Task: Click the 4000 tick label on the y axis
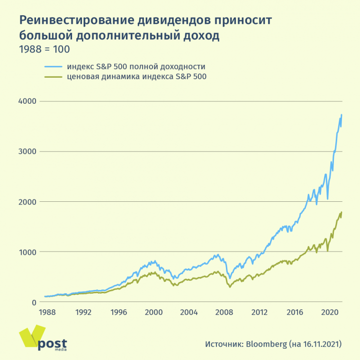[x=28, y=101]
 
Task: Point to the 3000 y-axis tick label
[x=28, y=152]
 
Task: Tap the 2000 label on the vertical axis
[x=28, y=202]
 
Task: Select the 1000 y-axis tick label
[x=28, y=252]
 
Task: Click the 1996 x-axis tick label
[x=118, y=313]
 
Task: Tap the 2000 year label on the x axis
[x=153, y=313]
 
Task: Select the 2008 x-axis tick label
[x=224, y=313]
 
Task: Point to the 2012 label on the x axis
[x=259, y=313]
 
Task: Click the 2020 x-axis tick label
[x=329, y=313]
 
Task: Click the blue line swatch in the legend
[x=54, y=66]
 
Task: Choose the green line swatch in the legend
[x=54, y=76]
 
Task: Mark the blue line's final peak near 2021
[x=342, y=115]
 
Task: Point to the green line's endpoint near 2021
[x=342, y=212]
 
